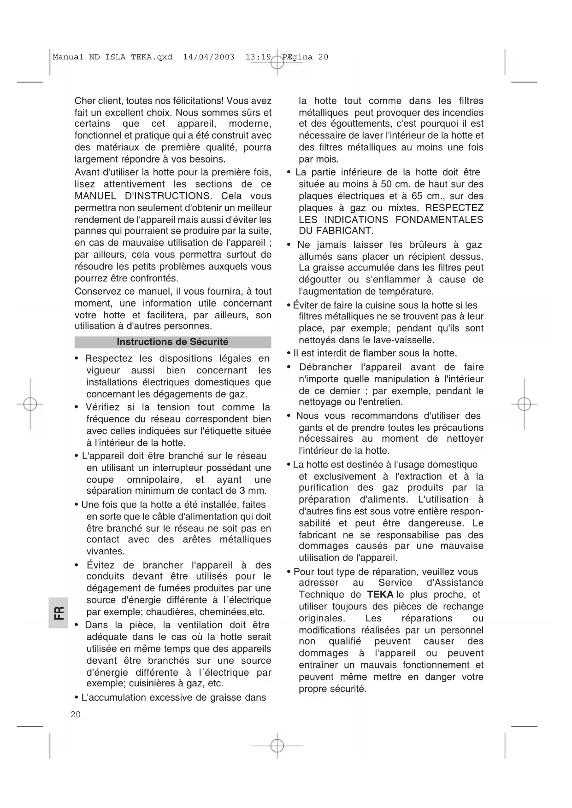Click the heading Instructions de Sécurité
172,342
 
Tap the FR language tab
59,613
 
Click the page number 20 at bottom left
76,714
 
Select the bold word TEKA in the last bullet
380,595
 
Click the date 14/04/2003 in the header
208,57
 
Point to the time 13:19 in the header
258,57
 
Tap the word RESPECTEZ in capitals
454,208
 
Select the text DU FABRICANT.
336,231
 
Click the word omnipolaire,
153,480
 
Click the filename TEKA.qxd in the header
152,57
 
